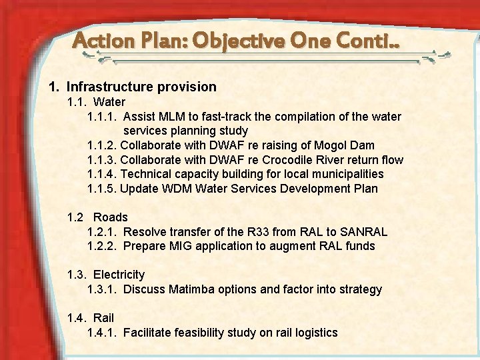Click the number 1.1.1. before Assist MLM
(x=102, y=117)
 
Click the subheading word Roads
(x=111, y=217)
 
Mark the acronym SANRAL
(x=363, y=232)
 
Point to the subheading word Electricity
(x=119, y=275)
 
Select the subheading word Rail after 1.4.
(x=103, y=318)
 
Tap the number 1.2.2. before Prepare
(x=102, y=246)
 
